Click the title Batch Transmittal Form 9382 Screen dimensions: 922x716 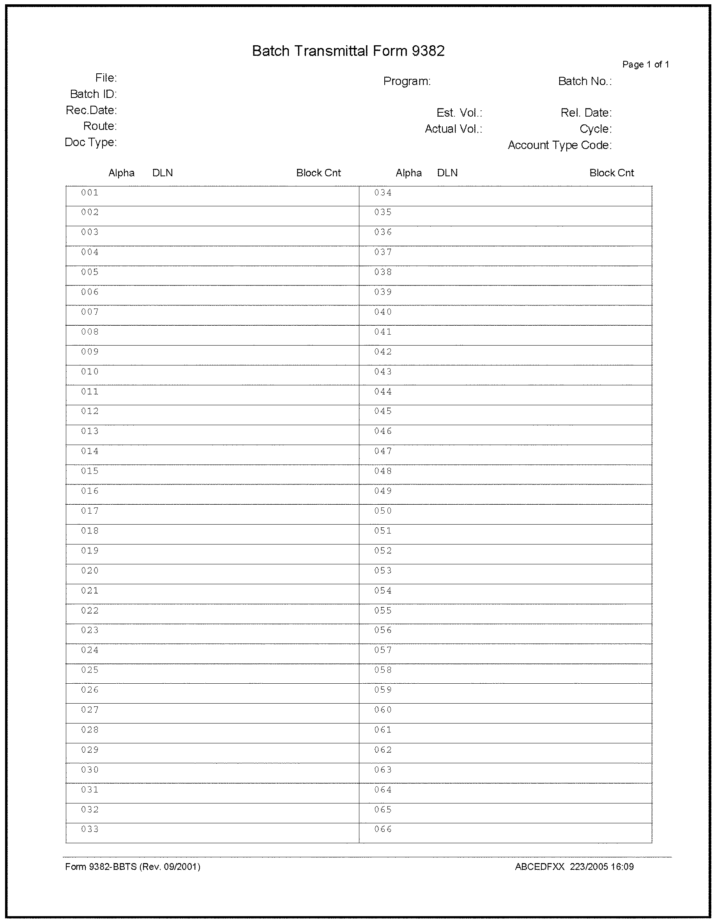click(348, 51)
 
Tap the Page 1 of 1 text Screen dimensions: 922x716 click(645, 65)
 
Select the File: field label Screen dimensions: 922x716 click(106, 78)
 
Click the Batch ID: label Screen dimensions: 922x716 click(93, 94)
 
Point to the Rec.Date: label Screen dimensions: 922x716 click(91, 110)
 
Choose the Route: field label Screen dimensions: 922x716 click(100, 126)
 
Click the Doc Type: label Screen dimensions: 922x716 click(91, 143)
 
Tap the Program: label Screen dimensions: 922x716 click(407, 82)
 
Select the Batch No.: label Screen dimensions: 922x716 click(584, 82)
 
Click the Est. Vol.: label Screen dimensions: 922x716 click(459, 113)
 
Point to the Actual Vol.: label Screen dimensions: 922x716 click(453, 129)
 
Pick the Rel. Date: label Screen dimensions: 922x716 click(586, 113)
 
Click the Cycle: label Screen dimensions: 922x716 click(595, 129)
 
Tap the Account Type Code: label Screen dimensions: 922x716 click(559, 145)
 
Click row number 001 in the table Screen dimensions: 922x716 click(90, 193)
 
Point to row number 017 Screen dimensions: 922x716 click(90, 511)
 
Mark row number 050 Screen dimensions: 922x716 click(383, 511)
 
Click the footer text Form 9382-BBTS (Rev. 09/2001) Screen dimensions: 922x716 click(133, 867)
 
